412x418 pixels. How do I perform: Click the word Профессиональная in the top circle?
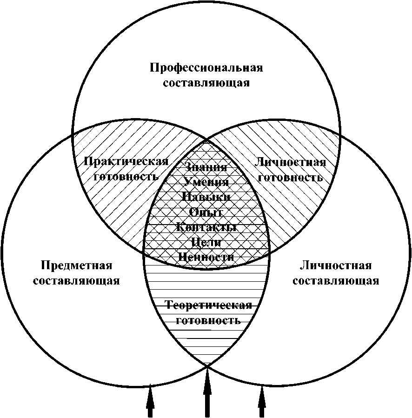pos(206,68)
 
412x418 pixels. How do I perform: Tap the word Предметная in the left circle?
pos(77,265)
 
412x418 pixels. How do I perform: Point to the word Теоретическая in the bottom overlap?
pos(209,305)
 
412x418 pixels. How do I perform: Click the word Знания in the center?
pos(206,167)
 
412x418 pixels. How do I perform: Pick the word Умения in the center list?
pos(206,182)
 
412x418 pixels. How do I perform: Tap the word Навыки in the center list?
pos(206,197)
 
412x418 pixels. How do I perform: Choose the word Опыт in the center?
pos(206,212)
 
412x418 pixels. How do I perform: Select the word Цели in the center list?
pos(206,242)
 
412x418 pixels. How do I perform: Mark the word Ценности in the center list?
pos(206,257)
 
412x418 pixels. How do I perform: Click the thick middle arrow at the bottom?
pos(207,391)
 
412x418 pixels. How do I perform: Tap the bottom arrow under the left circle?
pos(150,400)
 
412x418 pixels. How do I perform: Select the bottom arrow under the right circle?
pos(262,400)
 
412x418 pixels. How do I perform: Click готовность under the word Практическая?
pos(126,177)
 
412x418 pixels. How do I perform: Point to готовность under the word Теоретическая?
pos(209,320)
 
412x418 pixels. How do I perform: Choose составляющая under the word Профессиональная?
pos(206,83)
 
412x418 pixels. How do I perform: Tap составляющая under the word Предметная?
pos(77,281)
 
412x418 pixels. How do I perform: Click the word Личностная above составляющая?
pos(336,265)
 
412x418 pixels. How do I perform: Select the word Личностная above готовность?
pos(290,162)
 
